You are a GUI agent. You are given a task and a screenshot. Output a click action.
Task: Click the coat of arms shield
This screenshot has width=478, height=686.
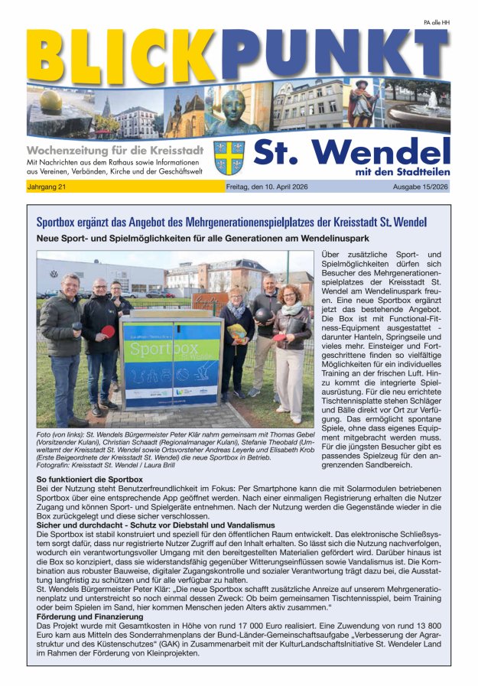click(x=229, y=158)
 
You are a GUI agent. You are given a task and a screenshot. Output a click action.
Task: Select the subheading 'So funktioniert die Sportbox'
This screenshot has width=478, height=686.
click(x=89, y=479)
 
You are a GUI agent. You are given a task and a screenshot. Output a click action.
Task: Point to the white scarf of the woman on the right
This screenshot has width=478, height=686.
click(x=291, y=309)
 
